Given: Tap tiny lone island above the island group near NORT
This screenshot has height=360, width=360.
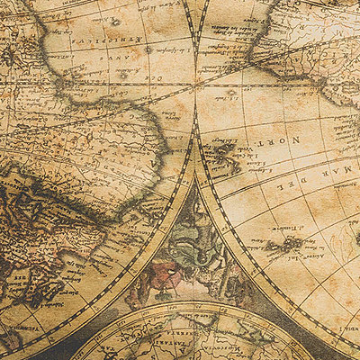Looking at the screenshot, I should pyautogui.click(x=230, y=94).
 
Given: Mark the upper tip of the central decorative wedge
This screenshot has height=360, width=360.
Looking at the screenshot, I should pyautogui.click(x=195, y=135).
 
